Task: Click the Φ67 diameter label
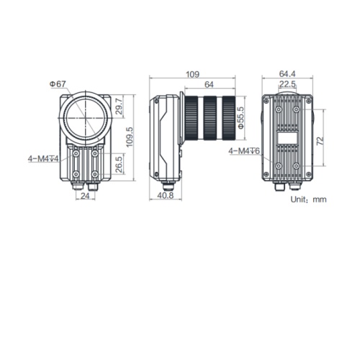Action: (58, 84)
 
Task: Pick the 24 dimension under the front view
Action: (84, 195)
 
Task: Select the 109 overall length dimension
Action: (194, 74)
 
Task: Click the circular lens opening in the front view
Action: (84, 115)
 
